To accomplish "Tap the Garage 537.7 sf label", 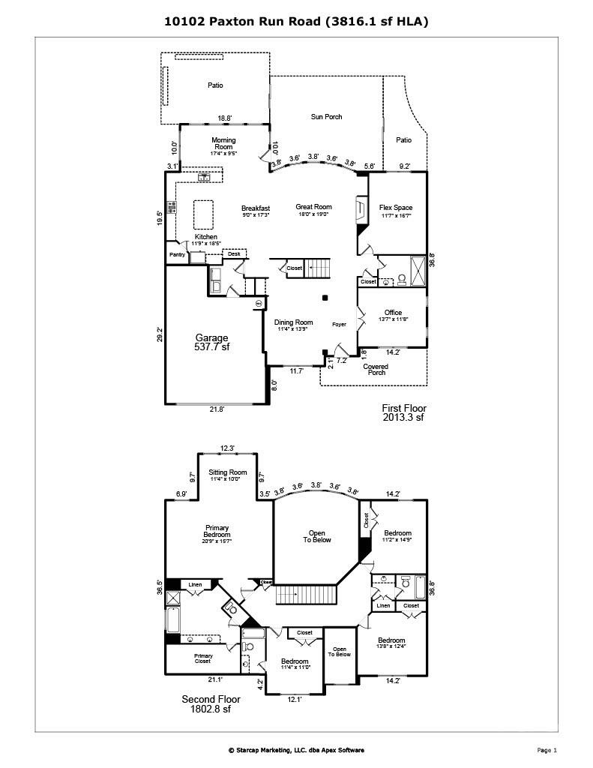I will (212, 343).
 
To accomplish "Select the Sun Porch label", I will (327, 117).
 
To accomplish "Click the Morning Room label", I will (223, 144).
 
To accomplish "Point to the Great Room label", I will (313, 208).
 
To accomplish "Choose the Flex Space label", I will (395, 208).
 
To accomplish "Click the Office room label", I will (393, 313).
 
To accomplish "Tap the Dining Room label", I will (293, 322).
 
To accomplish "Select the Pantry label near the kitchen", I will (177, 255).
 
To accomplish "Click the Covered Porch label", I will (376, 370).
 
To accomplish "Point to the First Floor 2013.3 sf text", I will (403, 412).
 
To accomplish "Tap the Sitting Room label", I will (228, 472).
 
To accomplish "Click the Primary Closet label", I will (203, 658).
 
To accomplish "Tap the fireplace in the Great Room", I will (361, 209).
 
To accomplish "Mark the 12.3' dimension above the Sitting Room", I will (227, 448).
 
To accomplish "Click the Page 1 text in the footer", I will (547, 750).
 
